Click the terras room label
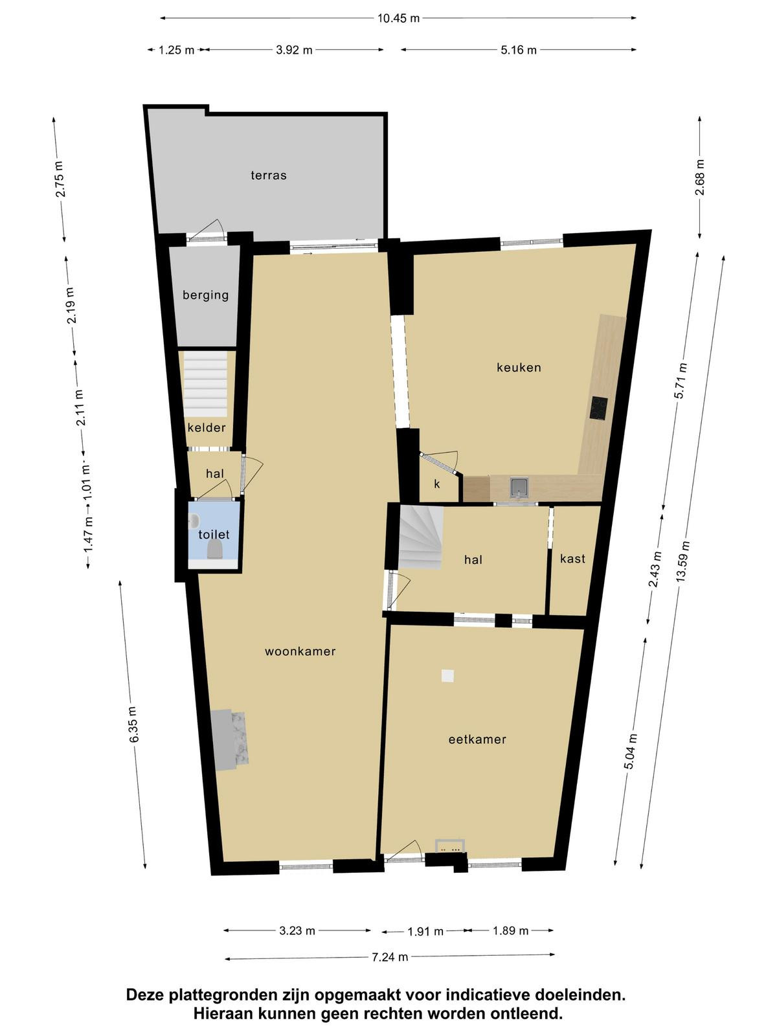[x=269, y=175]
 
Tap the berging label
[x=206, y=295]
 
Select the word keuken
[x=519, y=367]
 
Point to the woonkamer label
[x=300, y=651]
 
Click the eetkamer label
[x=477, y=739]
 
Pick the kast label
[x=573, y=559]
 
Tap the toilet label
[x=214, y=534]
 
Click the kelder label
[x=207, y=427]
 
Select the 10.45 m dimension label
[x=398, y=18]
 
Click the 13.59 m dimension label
[x=683, y=561]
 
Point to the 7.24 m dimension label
[x=390, y=957]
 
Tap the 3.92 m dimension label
[x=295, y=50]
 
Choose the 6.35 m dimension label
[x=134, y=725]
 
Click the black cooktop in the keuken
[x=599, y=409]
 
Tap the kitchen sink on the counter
[x=519, y=488]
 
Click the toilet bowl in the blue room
[x=215, y=549]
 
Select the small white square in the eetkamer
[x=447, y=676]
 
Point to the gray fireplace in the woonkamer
[x=229, y=740]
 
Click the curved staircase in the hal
[x=421, y=537]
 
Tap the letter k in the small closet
[x=437, y=484]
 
